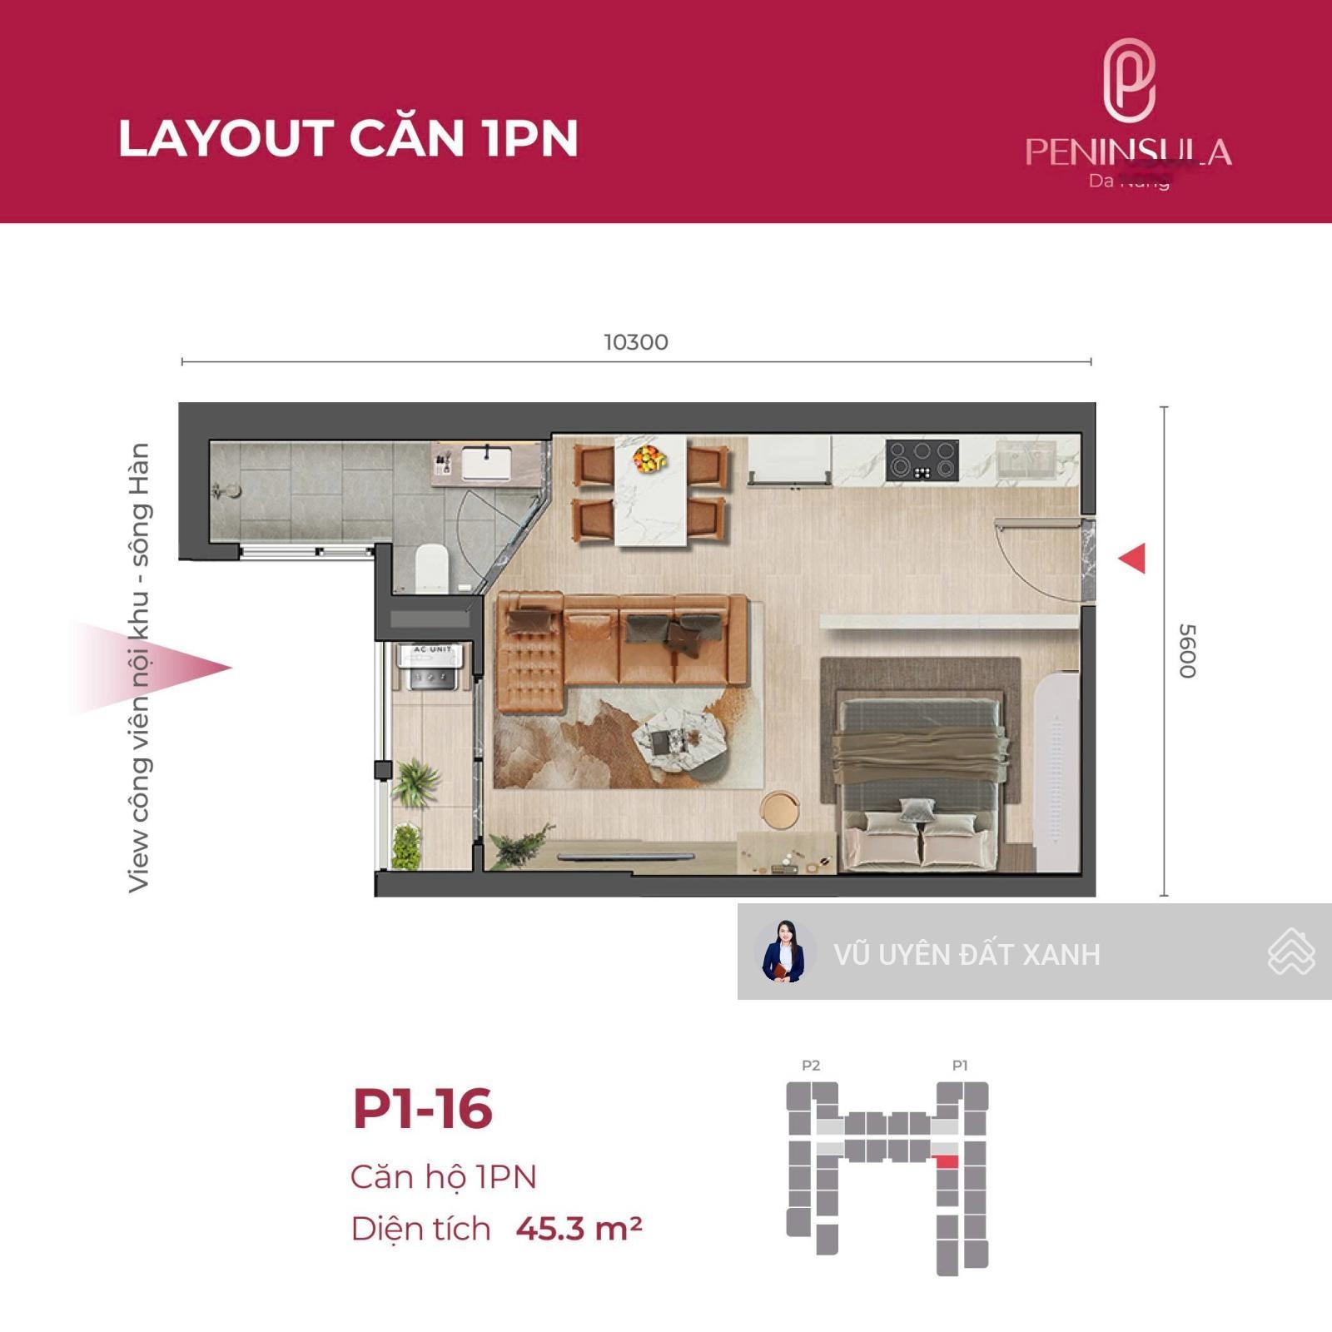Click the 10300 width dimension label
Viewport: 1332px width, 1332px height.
[x=636, y=342]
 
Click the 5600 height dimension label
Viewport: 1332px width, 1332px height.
[x=1187, y=651]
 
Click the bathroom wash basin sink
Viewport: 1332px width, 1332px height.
[x=488, y=463]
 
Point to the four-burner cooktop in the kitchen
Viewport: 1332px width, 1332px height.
[x=922, y=460]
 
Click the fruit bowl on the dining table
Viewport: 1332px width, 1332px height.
[x=649, y=457]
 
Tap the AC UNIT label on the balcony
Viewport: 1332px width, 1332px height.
[x=432, y=649]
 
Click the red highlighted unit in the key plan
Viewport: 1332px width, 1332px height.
[x=947, y=1161]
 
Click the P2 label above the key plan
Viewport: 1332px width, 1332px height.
[x=811, y=1066]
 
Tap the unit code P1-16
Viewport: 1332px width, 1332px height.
[x=423, y=1109]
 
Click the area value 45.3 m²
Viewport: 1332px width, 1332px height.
[x=579, y=1229]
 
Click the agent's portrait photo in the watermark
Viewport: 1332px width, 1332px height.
[x=784, y=952]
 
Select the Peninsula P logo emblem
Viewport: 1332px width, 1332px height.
[x=1129, y=81]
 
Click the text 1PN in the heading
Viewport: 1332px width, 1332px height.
[x=529, y=138]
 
